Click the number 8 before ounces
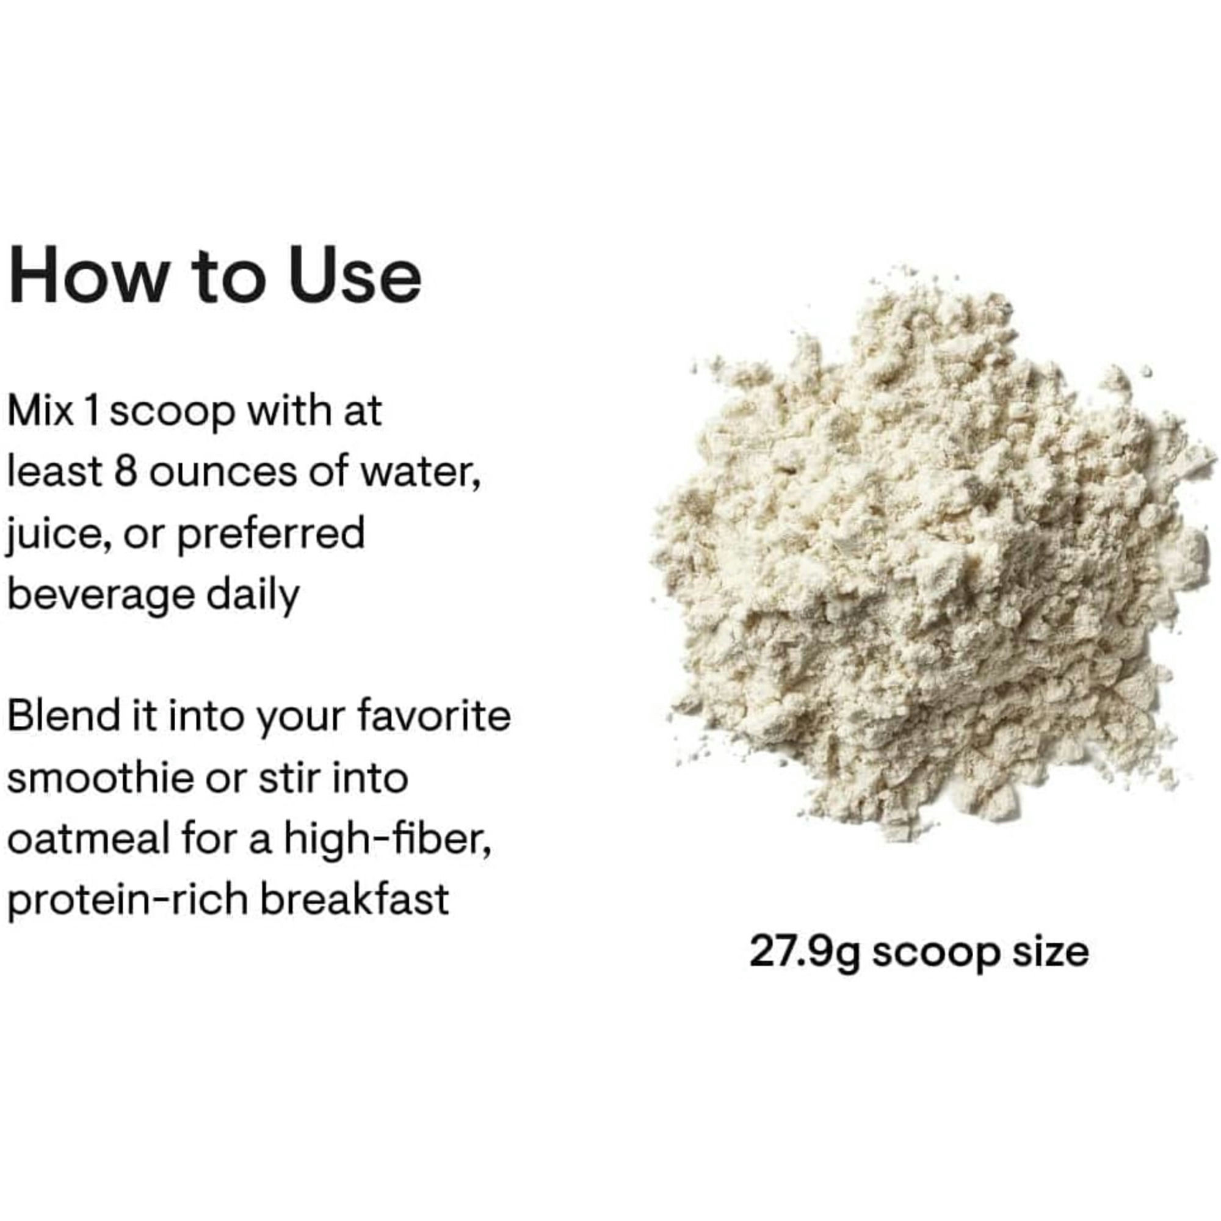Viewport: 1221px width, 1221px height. tap(126, 472)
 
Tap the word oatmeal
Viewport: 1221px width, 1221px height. tap(89, 840)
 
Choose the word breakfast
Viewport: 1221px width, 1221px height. tap(355, 900)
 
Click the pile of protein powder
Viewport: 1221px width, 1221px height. tap(929, 569)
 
